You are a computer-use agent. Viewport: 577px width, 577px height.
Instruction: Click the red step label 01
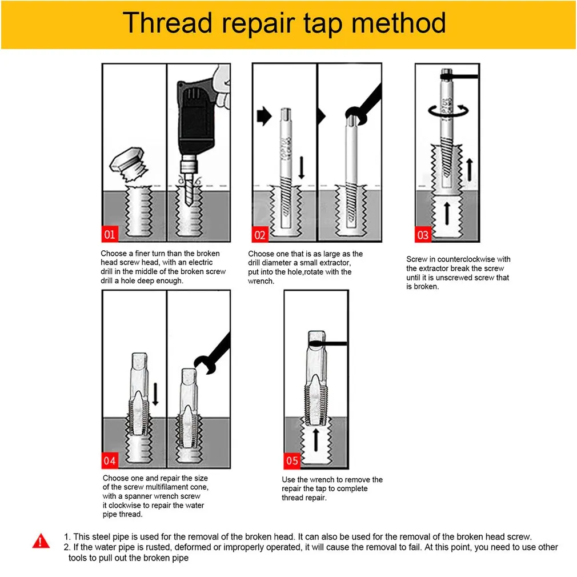110,234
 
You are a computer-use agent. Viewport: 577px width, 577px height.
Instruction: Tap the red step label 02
260,234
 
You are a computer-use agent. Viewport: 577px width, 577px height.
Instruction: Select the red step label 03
423,234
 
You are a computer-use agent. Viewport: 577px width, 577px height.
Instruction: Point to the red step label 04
110,460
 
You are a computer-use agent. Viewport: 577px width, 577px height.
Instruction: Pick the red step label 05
292,460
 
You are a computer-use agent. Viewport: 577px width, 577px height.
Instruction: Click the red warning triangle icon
41,541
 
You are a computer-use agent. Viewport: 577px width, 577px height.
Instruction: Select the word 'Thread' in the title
167,23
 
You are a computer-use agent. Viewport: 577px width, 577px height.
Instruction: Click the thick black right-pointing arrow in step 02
264,117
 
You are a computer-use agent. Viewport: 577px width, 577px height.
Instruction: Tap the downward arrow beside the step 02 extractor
302,168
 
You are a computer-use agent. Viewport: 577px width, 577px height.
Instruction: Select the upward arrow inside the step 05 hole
316,440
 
